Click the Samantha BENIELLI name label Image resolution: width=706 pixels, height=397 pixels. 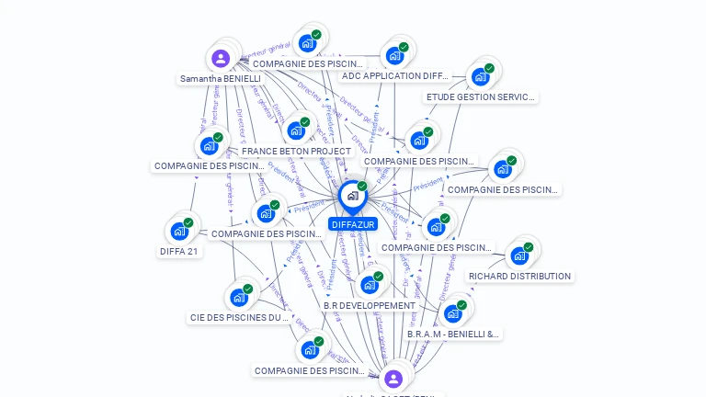(x=221, y=79)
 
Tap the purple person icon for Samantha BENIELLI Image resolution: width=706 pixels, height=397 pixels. (x=221, y=59)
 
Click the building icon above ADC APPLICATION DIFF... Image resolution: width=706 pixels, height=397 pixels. (x=395, y=55)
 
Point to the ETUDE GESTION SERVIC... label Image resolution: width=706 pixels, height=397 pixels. (x=481, y=97)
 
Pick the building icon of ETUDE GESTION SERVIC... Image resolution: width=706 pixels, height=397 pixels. (x=480, y=76)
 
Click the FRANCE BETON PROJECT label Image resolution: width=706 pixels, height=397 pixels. (x=296, y=151)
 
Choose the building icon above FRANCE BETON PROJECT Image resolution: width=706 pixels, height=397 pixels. (x=296, y=130)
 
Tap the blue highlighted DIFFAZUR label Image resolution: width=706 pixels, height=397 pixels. (x=352, y=224)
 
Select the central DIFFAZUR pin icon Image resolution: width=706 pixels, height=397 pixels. (x=352, y=196)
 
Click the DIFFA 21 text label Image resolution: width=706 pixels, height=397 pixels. (x=179, y=251)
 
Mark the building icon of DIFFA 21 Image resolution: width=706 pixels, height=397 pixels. (x=179, y=230)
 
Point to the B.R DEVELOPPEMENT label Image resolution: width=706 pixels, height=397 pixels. (x=370, y=305)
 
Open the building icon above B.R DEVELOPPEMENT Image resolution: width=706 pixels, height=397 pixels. (x=369, y=285)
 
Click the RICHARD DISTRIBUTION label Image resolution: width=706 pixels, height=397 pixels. (x=519, y=276)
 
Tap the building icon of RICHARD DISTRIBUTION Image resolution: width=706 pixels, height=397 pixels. (x=519, y=255)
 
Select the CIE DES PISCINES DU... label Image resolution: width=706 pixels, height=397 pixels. (x=239, y=318)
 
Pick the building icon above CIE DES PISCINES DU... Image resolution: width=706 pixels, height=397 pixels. (x=239, y=297)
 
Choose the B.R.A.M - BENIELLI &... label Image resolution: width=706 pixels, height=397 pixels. (x=453, y=335)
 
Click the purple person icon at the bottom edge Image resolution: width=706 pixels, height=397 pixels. (x=393, y=379)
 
